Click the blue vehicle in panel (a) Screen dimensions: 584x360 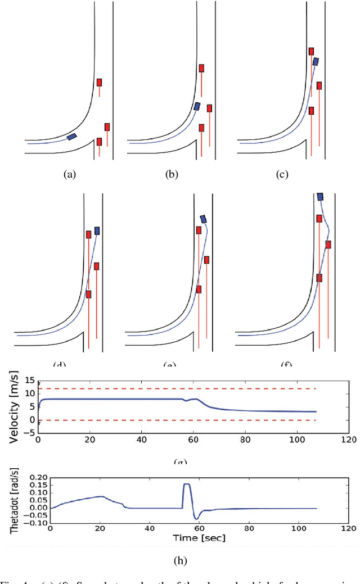tap(72, 136)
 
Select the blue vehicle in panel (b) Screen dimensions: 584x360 tap(197, 106)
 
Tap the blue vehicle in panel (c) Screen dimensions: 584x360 tap(316, 61)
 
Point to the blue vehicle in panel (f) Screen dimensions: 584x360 tap(320, 196)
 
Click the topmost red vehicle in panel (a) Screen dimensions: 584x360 tap(99, 83)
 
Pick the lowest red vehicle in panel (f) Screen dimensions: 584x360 tap(319, 278)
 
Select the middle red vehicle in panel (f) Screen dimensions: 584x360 tap(328, 245)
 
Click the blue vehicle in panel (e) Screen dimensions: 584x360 tap(204, 219)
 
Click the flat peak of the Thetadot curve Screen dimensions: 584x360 tap(186, 484)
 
